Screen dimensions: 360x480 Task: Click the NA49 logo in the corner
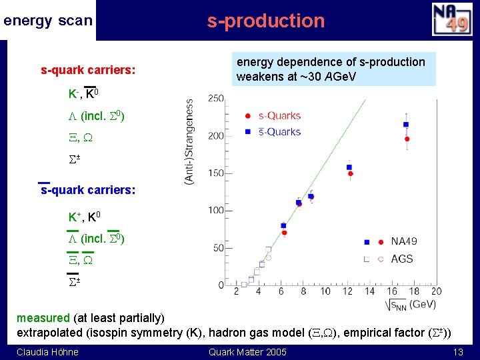pos(451,19)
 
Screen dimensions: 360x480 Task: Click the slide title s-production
pos(265,21)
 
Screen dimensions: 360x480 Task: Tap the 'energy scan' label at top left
pos(47,21)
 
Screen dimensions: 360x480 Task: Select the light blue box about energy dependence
pos(331,69)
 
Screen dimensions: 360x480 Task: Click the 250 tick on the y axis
pos(216,99)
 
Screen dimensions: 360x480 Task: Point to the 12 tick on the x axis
pos(347,291)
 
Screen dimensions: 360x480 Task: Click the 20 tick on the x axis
pos(436,291)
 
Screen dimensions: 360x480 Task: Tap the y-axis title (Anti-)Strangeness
pos(190,143)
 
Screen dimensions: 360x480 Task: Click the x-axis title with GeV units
pos(411,305)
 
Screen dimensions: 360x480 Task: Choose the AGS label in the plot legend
pos(402,259)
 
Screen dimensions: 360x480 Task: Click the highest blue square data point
pos(406,125)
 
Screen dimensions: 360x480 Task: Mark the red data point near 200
pos(407,139)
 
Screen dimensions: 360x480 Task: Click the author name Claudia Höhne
pos(47,352)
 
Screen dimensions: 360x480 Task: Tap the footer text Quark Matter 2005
pos(247,352)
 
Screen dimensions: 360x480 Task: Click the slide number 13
pos(457,352)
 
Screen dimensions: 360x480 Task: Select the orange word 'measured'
pos(43,318)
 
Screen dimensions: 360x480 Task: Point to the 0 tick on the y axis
pos(221,285)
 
